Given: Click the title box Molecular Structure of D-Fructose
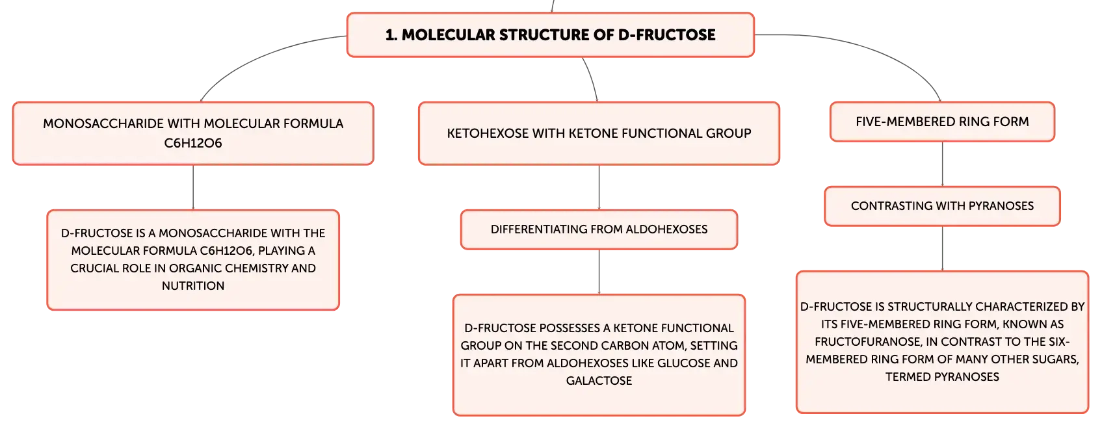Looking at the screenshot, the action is pos(551,35).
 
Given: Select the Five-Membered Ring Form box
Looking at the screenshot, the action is pos(942,122).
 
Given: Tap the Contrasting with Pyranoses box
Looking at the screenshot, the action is pos(942,206).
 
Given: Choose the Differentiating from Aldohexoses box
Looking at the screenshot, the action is pos(599,229).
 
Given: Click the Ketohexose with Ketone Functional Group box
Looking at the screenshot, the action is pos(599,133).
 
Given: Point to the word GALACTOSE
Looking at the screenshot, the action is pos(599,381).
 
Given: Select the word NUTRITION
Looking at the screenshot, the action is pos(193,286).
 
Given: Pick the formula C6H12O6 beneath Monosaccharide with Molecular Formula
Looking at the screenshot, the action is pos(193,143).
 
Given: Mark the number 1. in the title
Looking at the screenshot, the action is pos(391,35).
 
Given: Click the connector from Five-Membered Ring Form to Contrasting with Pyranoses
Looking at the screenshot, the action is pos(942,164).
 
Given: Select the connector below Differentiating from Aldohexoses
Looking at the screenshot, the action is pos(599,272).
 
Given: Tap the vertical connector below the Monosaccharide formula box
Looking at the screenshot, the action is pos(193,187).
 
